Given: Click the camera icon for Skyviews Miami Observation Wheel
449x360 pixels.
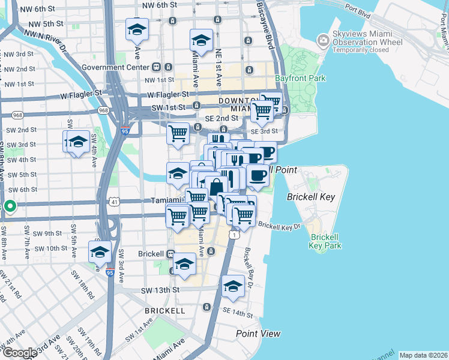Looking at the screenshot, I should point(324,39).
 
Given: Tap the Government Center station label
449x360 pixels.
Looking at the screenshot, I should point(116,67).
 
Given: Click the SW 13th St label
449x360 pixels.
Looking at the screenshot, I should point(160,290).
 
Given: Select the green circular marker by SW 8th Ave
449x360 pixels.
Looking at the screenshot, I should point(10,207).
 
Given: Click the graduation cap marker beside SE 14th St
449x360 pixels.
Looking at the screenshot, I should point(232,287).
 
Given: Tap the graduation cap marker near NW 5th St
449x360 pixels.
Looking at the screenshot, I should point(137,29).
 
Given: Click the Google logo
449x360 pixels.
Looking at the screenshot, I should point(20,353).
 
